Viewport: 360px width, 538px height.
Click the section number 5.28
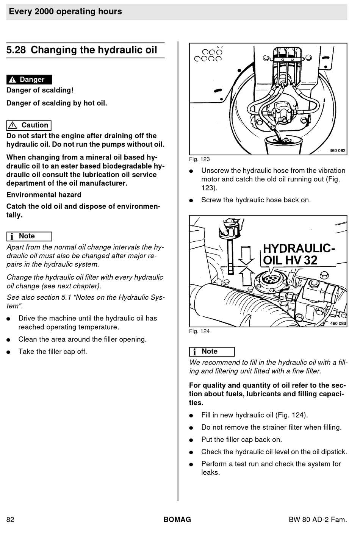coord(16,50)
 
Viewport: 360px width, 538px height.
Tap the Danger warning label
coord(29,80)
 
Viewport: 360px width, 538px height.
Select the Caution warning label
coord(29,125)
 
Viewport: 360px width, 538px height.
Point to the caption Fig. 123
coord(199,159)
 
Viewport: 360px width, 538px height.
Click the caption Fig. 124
coord(199,331)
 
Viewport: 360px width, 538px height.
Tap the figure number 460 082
coord(337,150)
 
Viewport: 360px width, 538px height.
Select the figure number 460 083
coord(338,323)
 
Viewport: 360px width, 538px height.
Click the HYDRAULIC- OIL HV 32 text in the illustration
coord(299,254)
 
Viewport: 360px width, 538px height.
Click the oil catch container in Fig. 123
coord(278,145)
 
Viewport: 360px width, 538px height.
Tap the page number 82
coord(10,519)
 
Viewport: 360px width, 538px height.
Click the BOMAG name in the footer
coord(177,519)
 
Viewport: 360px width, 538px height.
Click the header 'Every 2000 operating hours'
coord(66,11)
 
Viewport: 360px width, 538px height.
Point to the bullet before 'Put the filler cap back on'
coord(192,440)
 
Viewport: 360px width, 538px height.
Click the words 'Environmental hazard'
coord(44,195)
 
